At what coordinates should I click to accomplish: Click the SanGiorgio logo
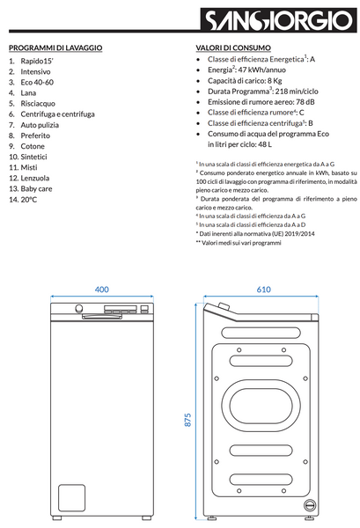(278, 20)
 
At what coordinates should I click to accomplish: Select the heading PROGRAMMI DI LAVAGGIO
(55, 48)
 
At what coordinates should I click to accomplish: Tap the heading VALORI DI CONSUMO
(233, 48)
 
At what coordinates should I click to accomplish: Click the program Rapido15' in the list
(37, 61)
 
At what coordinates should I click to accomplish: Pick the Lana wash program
(28, 93)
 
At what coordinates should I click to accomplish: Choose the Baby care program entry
(36, 189)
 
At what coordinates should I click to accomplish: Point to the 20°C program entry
(29, 200)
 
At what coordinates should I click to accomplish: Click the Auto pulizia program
(40, 125)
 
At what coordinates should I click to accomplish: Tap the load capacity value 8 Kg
(275, 81)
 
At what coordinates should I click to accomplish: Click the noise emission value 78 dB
(305, 102)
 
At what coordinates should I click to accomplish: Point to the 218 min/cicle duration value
(297, 92)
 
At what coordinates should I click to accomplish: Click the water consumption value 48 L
(265, 144)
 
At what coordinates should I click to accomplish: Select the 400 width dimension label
(102, 290)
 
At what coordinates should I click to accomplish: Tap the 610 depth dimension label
(264, 290)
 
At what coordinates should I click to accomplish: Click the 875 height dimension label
(187, 420)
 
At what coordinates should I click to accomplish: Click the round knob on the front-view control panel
(79, 309)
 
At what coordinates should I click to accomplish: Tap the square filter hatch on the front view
(71, 498)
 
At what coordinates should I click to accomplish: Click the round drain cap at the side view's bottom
(310, 505)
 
